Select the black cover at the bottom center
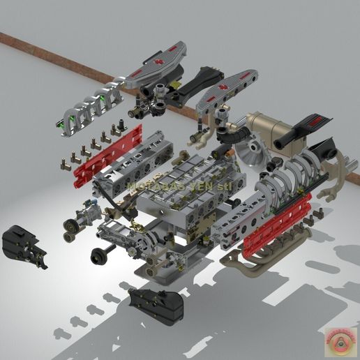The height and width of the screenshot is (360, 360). [156, 305]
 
